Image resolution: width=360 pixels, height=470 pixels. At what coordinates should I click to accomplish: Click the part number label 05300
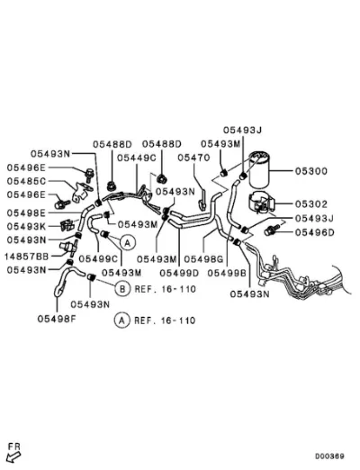point(311,171)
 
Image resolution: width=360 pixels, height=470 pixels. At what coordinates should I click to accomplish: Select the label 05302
point(311,204)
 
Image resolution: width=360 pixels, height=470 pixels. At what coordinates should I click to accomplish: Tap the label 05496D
point(314,232)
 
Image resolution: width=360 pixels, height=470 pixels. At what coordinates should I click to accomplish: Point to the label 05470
point(193,158)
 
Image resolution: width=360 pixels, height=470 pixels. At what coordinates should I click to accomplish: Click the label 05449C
point(137,158)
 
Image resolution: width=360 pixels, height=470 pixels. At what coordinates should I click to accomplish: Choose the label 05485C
point(26,181)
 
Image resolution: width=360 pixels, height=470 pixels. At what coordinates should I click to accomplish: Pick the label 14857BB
point(26,257)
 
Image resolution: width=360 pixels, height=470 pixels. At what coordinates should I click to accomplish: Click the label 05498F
point(57,319)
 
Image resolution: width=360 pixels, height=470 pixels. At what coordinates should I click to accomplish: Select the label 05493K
point(26,226)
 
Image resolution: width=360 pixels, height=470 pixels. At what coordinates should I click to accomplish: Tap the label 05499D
point(179,273)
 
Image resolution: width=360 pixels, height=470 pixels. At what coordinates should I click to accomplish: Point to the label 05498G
point(203,258)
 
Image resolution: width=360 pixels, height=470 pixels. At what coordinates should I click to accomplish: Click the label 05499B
point(227,273)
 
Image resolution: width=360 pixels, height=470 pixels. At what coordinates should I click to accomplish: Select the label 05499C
point(98,258)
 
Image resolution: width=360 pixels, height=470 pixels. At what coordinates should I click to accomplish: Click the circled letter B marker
point(122,289)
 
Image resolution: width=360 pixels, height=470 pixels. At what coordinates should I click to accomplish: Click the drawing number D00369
point(329,456)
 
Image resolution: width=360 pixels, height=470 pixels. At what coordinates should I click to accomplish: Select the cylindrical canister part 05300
point(259,168)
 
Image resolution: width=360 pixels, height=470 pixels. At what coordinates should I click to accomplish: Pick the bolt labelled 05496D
point(271,230)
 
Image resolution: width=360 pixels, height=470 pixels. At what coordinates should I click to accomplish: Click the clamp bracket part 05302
point(262,202)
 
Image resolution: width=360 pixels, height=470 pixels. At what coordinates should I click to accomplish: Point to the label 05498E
point(26,212)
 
